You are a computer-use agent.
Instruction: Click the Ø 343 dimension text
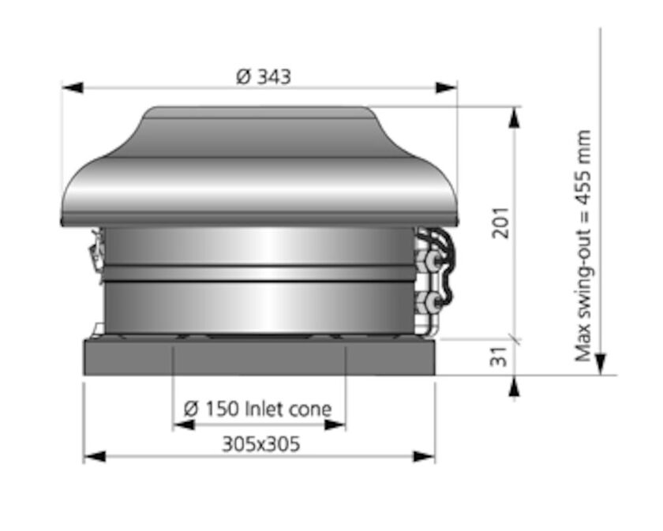pos(264,77)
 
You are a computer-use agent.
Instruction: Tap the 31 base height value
pos(499,357)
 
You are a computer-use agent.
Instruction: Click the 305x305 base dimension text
pos(260,444)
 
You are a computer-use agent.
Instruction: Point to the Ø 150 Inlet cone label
pos(257,409)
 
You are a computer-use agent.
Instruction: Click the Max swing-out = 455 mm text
pos(583,245)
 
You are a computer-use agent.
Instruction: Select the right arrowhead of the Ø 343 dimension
pos(447,87)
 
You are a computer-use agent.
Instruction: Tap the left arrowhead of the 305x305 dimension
pos(94,456)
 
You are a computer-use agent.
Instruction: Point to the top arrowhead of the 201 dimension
pos(515,117)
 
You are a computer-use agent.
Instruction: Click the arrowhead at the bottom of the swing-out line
pos(601,364)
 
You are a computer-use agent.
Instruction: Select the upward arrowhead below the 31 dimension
pos(515,386)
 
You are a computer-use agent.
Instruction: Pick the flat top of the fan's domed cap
pos(260,112)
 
